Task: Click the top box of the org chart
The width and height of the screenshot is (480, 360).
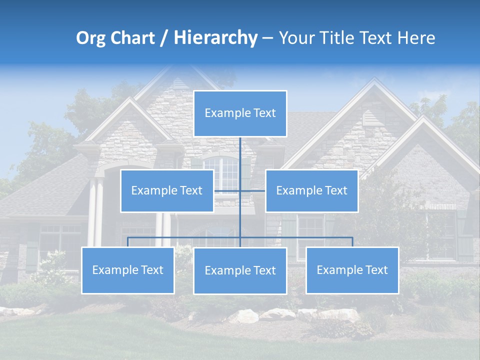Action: coord(240,113)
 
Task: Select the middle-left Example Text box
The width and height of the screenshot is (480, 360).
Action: coord(167,190)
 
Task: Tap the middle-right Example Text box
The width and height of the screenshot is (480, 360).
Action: coord(311,190)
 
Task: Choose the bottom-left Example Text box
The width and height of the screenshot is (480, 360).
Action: coord(127,270)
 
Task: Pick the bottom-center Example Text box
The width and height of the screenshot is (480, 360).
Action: coord(240,270)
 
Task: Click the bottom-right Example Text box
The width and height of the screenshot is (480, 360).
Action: coord(352,270)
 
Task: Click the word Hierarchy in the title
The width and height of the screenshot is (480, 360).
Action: coord(215,37)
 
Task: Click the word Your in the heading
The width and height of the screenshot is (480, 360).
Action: coord(297,38)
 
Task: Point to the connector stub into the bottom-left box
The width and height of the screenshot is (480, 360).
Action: coord(127,242)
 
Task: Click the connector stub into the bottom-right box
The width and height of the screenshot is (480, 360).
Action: coord(352,242)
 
